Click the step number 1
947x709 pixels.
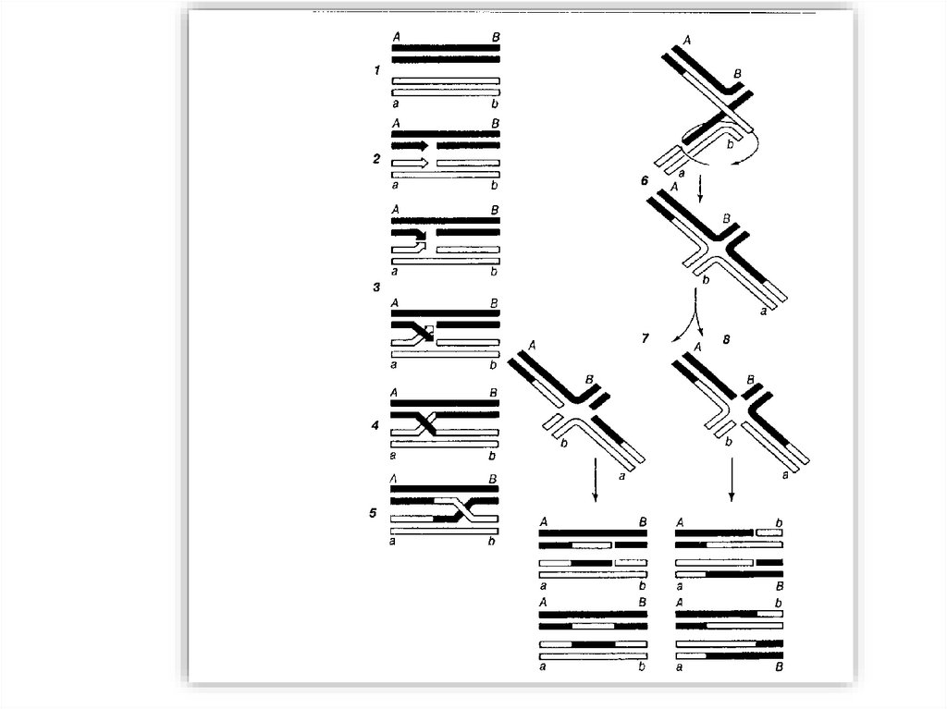tap(377, 70)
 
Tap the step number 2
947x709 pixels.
tap(377, 159)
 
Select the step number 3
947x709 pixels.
tap(377, 287)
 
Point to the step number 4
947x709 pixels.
tap(375, 426)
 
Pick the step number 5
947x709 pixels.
tap(374, 513)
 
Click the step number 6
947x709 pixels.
tap(645, 180)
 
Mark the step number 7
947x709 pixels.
tap(645, 338)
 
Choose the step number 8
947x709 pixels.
tap(726, 339)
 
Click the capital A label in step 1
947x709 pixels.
tap(396, 37)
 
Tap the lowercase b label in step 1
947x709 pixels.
tap(496, 104)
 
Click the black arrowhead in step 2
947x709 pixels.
tap(424, 145)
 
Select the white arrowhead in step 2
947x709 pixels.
tap(424, 163)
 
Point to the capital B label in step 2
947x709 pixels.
tap(496, 123)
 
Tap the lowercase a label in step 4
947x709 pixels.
tap(393, 455)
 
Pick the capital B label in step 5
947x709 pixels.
tap(493, 479)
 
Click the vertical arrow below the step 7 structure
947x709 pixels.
tap(596, 480)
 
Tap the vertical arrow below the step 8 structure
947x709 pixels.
tap(732, 480)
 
